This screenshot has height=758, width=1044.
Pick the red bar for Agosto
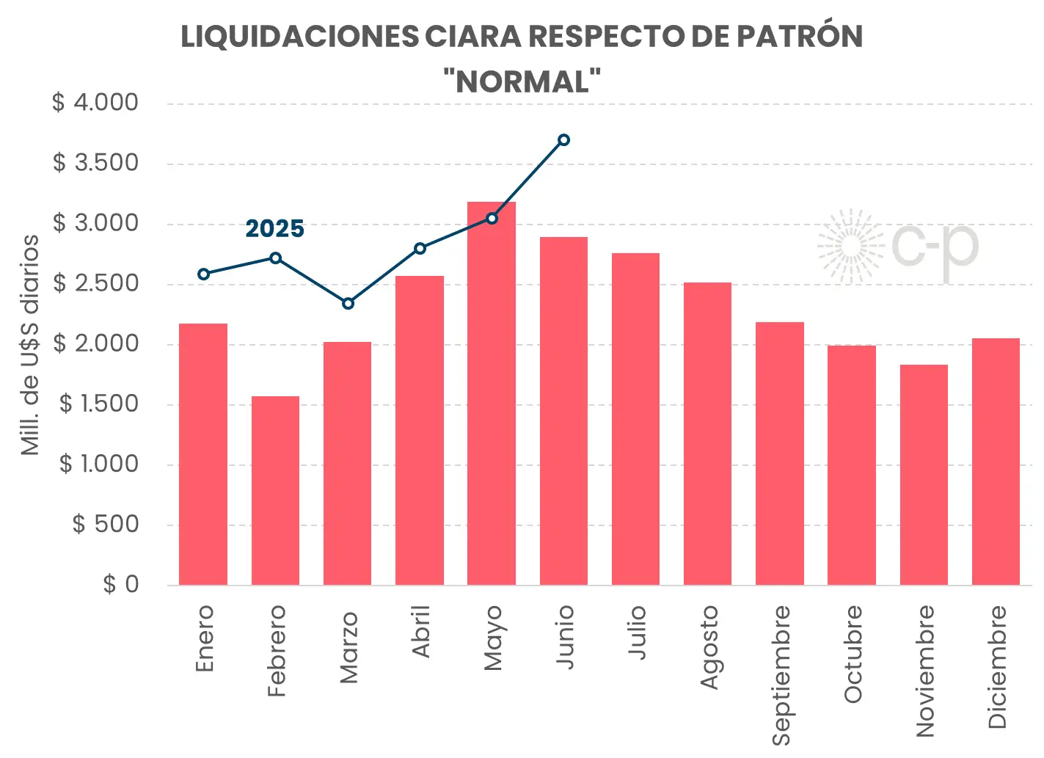(707, 433)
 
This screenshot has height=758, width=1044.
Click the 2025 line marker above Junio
(563, 139)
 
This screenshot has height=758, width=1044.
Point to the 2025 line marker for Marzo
(348, 303)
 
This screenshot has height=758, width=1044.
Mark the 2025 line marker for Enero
(204, 274)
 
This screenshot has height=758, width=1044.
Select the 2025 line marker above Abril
(420, 249)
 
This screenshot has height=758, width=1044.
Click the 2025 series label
(274, 229)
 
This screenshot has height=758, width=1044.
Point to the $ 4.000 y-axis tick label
(95, 103)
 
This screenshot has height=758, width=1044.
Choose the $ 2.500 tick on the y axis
(95, 283)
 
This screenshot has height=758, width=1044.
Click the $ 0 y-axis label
(120, 584)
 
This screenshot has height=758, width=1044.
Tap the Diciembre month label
(996, 666)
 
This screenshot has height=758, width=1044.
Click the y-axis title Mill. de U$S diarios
(29, 345)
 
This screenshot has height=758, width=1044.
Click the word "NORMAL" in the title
(522, 81)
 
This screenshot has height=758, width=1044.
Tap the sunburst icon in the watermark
(851, 247)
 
